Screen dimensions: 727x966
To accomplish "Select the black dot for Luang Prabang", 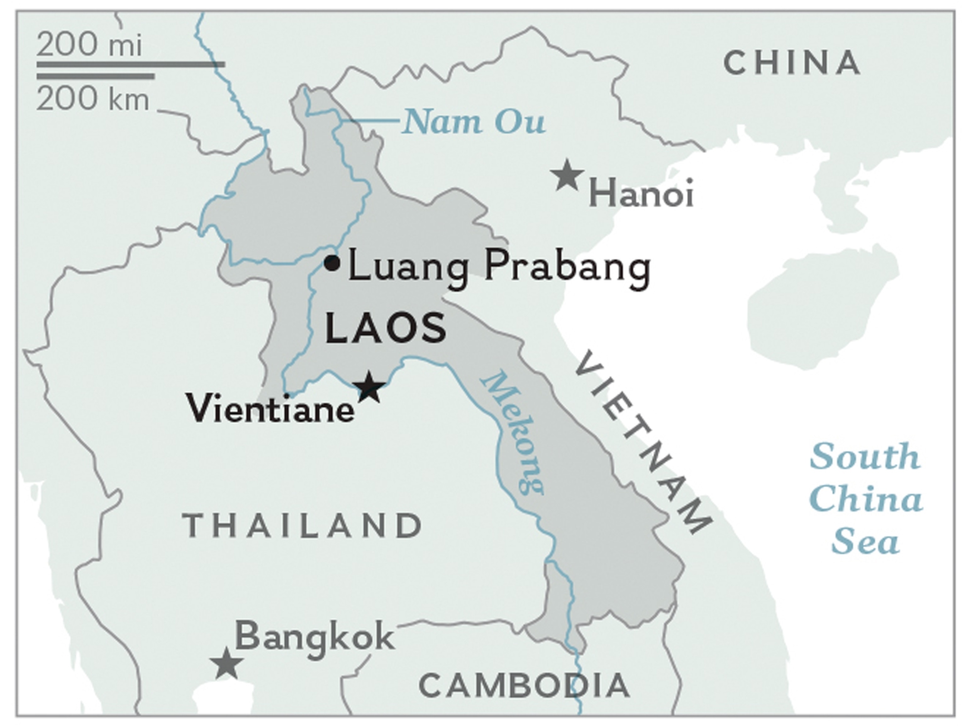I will pos(332,263).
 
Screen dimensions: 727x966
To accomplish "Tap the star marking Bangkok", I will pos(226,664).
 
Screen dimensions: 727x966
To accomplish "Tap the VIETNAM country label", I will pos(642,443).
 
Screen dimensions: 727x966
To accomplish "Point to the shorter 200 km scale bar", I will pos(95,76).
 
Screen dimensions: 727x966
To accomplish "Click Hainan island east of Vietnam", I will pos(821,306).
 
